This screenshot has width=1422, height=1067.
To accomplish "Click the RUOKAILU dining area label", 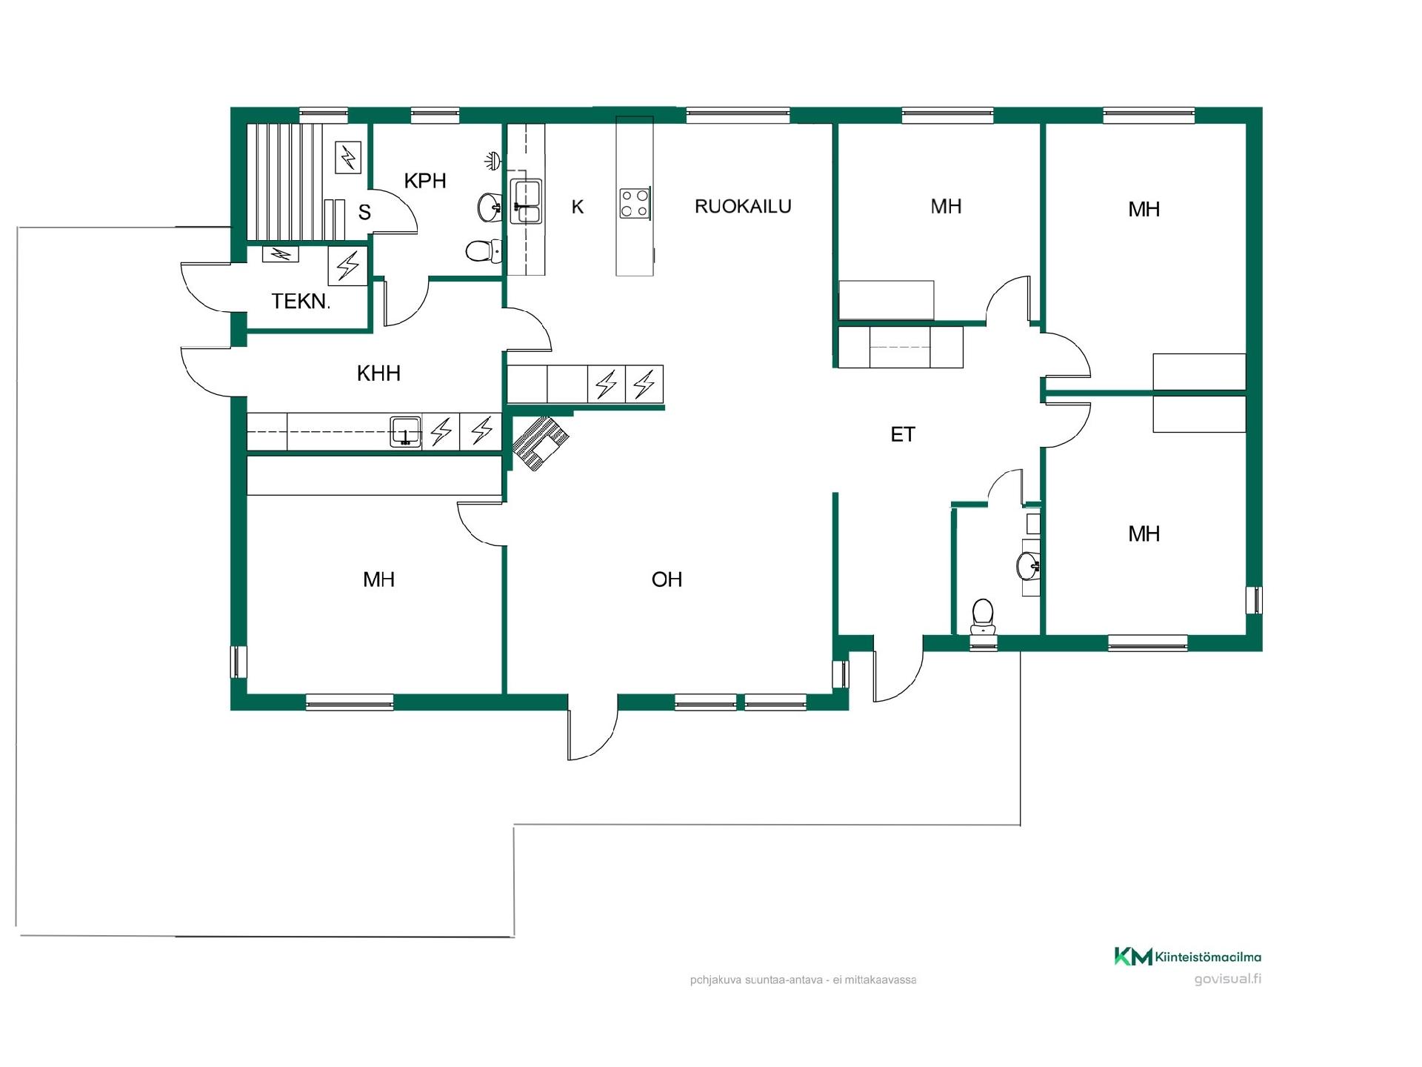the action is tap(743, 206).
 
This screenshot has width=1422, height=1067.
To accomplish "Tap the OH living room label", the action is tap(667, 579).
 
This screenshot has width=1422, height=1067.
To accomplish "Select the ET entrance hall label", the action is tap(903, 434).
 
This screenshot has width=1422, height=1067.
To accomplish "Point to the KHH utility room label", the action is tap(378, 373).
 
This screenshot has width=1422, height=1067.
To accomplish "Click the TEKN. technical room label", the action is tap(300, 302).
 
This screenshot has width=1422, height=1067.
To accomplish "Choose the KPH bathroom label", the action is tap(425, 180).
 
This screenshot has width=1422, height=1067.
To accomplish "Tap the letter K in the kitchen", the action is tap(578, 207).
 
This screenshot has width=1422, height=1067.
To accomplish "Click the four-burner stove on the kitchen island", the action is tap(635, 203).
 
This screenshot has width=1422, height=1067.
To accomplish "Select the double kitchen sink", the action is tap(526, 202).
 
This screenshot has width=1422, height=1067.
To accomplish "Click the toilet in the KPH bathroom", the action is tap(484, 251).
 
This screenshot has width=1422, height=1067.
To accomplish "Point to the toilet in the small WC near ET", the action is tap(983, 616).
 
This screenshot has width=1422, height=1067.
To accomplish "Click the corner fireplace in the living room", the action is tap(541, 442).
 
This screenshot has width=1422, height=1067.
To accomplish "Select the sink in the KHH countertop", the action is tap(405, 431).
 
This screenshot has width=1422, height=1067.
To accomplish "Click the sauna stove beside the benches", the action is tap(348, 158).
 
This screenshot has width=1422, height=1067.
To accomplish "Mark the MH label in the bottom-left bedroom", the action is tap(378, 579).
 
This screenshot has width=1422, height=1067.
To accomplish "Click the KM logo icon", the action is tap(1133, 957).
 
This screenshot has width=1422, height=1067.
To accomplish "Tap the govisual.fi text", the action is tap(1227, 979).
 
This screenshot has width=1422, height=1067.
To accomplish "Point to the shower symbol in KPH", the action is tap(493, 159).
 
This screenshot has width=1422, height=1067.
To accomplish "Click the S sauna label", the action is tap(364, 213).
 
